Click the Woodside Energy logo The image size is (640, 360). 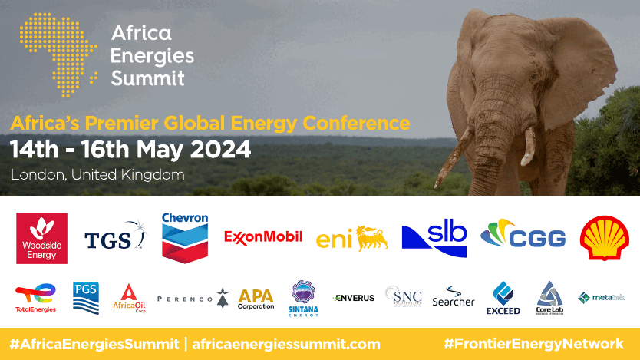[41, 238]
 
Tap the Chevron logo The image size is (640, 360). [185, 237]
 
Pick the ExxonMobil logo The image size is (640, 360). [263, 236]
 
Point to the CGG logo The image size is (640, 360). [523, 236]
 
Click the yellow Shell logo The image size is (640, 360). [605, 237]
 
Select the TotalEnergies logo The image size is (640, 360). [35, 299]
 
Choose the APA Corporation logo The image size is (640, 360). [256, 299]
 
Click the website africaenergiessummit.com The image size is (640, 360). [286, 344]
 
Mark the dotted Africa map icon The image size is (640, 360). [58, 54]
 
